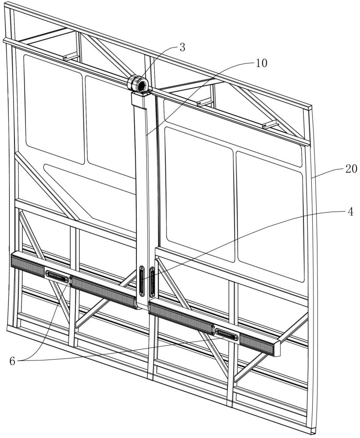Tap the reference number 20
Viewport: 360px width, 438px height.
coord(351,168)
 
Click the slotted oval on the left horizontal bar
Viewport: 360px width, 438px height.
coord(57,275)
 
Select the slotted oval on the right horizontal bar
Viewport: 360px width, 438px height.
coord(226,334)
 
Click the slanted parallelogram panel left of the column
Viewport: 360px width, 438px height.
coord(90,188)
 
